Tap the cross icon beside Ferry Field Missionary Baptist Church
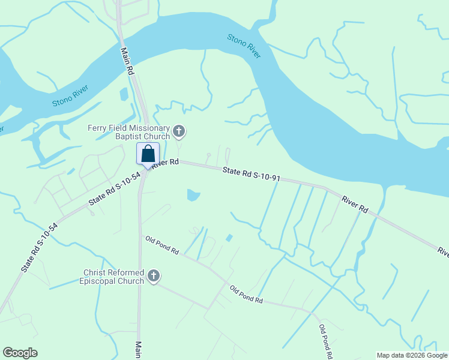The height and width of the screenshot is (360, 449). pyautogui.click(x=178, y=131)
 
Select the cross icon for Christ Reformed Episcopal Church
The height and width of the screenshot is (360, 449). pyautogui.click(x=153, y=277)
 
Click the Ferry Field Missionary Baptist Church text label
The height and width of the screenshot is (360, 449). pyautogui.click(x=129, y=132)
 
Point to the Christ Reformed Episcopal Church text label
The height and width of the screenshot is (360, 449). pyautogui.click(x=114, y=277)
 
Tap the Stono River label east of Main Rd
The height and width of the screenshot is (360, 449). pyautogui.click(x=244, y=46)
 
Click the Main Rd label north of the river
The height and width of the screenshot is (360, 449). pyautogui.click(x=127, y=61)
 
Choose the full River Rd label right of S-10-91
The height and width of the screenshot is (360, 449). pyautogui.click(x=355, y=204)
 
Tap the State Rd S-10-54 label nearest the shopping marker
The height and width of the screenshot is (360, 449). pyautogui.click(x=114, y=189)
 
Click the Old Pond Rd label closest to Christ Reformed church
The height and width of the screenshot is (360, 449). pyautogui.click(x=162, y=246)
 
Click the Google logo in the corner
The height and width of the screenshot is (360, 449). pyautogui.click(x=20, y=353)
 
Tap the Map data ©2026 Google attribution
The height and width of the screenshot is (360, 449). pyautogui.click(x=412, y=355)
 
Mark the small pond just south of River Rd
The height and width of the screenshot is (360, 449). pyautogui.click(x=193, y=195)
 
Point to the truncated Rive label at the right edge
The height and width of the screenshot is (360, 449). pyautogui.click(x=443, y=251)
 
